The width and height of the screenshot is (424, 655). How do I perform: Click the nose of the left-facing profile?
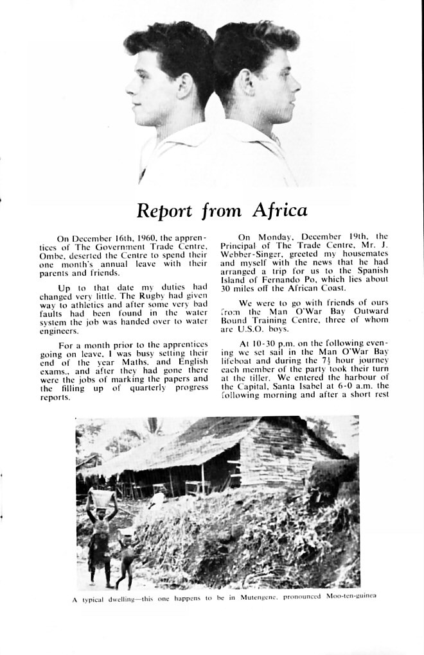coord(130,88)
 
